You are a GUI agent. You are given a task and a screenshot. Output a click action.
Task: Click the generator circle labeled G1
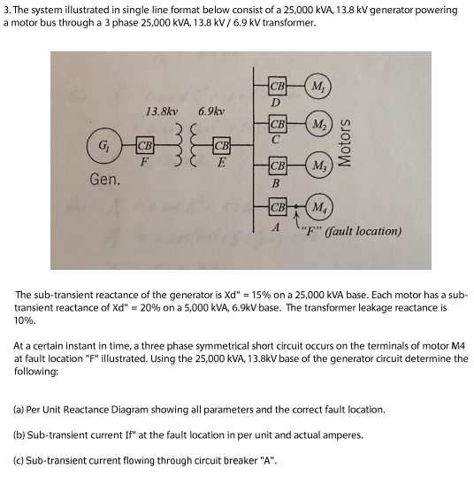(106, 145)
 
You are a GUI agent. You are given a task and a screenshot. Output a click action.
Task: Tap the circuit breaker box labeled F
(144, 145)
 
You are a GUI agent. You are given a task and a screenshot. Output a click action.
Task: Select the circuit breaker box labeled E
(222, 145)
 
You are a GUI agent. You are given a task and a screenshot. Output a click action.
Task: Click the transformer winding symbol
(184, 146)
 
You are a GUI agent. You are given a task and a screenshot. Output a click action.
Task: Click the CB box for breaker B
(277, 165)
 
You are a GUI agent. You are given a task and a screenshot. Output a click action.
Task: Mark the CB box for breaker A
(277, 208)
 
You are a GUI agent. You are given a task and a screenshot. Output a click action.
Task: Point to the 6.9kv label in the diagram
(211, 112)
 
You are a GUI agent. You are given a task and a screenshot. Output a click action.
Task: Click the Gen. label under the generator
(107, 180)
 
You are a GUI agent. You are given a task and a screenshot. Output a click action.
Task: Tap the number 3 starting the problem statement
(5, 10)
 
